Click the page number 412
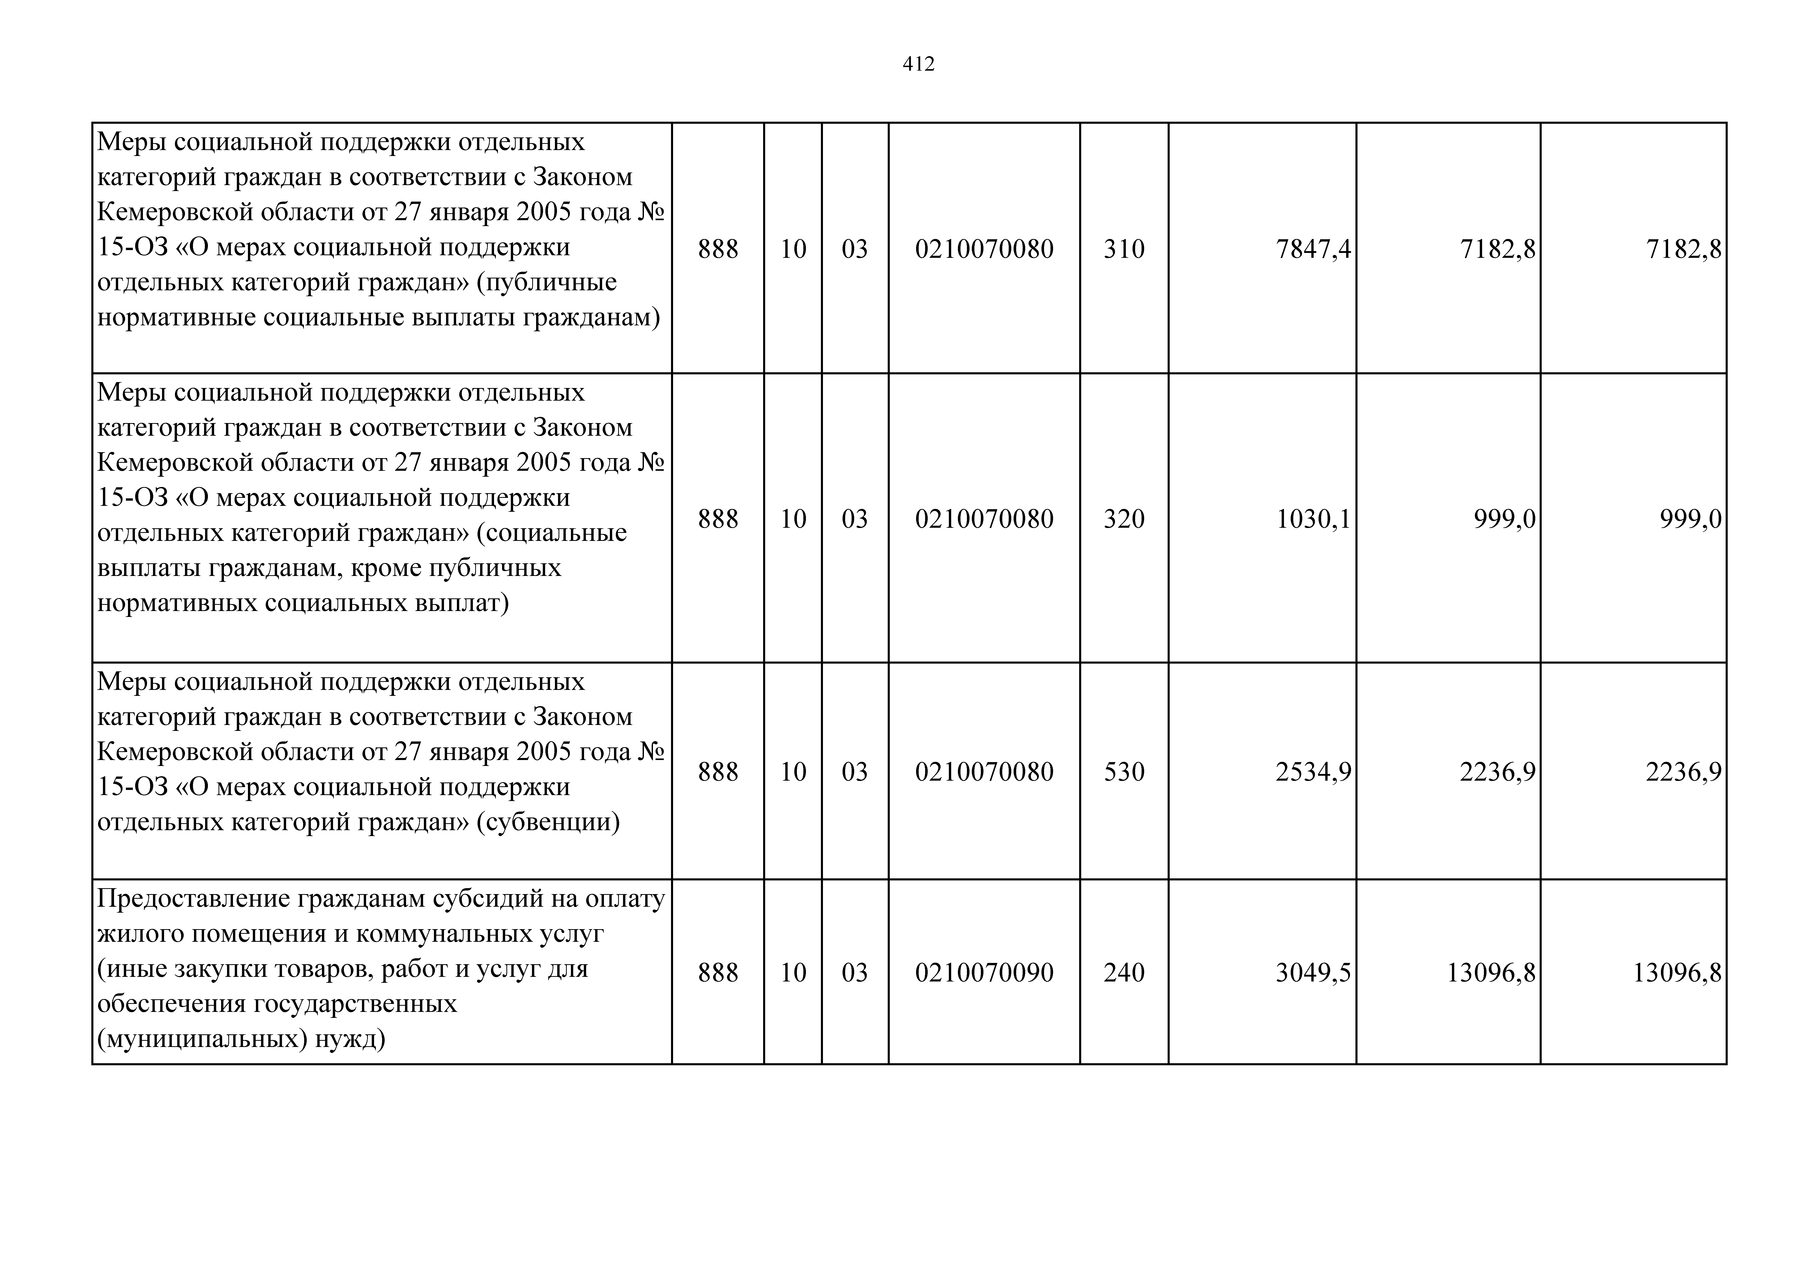(918, 64)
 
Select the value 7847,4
(1313, 249)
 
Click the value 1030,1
(1313, 518)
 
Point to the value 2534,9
(1313, 771)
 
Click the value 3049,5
(1313, 972)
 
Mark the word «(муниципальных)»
(202, 1039)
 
